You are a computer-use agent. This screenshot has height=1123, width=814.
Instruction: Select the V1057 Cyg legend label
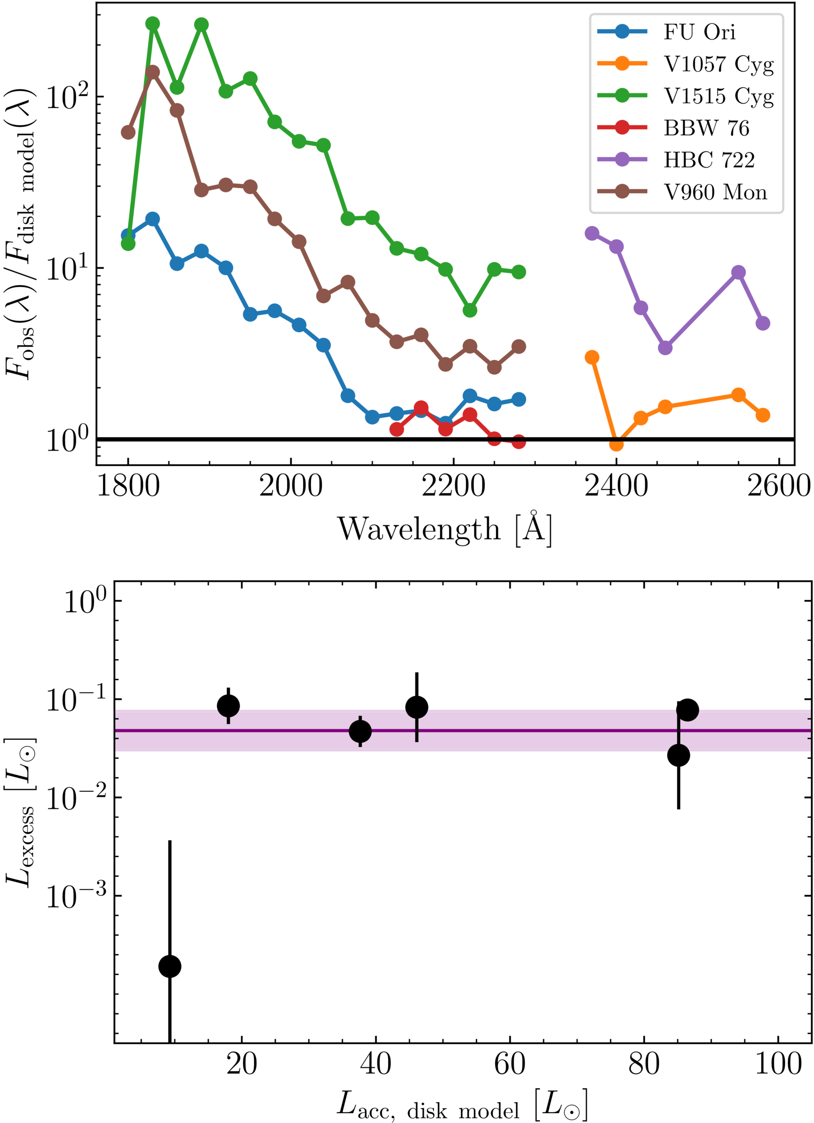pos(719,65)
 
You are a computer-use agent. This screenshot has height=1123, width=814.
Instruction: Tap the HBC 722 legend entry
pos(709,160)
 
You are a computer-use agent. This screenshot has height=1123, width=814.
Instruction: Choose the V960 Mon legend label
pos(715,192)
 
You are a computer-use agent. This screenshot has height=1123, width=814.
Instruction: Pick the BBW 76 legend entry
pos(706,128)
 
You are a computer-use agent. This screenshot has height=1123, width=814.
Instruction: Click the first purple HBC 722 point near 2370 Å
pos(592,233)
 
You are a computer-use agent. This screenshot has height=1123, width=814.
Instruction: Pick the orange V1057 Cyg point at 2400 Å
pos(616,444)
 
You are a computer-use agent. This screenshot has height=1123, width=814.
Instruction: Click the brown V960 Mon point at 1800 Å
pos(128,132)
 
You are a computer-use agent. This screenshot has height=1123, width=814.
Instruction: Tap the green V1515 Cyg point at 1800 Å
pos(128,243)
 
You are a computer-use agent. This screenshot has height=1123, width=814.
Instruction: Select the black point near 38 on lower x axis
pos(360,731)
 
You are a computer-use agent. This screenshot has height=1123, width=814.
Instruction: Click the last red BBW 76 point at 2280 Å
pos(518,441)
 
